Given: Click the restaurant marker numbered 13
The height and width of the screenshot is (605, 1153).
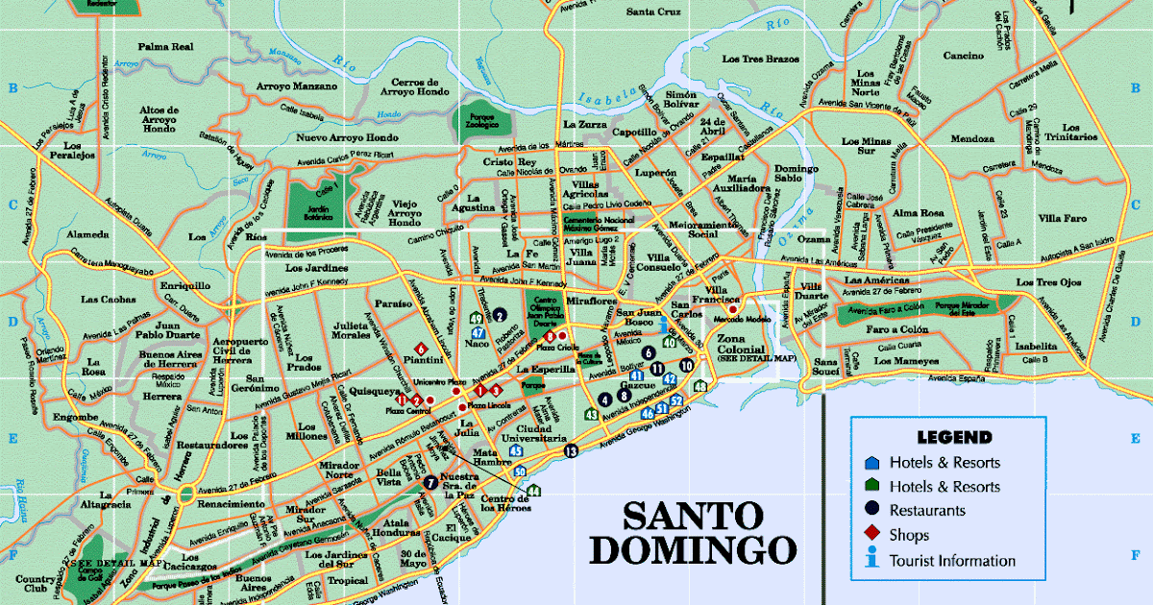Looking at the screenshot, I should tap(572, 450).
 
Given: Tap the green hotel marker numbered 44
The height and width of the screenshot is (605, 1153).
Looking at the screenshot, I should tap(533, 492).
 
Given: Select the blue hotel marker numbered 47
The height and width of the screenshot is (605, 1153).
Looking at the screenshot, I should tap(478, 332).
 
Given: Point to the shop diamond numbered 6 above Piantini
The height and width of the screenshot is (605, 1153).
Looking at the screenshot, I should tap(420, 348).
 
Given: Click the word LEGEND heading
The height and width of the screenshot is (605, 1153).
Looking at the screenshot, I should tap(953, 437).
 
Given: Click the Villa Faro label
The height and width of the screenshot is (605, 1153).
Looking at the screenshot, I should tap(1062, 217).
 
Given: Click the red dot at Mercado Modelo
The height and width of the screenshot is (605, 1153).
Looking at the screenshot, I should tap(732, 309).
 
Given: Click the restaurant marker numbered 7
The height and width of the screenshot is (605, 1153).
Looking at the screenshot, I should tap(430, 482).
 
